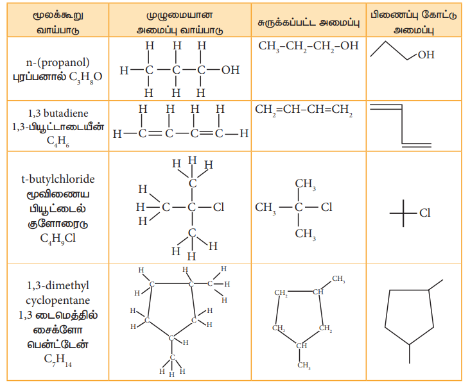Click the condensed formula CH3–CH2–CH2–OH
click(308, 46)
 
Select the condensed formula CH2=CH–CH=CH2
click(304, 110)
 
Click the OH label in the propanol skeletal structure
click(426, 55)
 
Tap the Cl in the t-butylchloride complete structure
click(218, 207)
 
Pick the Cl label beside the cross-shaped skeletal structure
click(424, 213)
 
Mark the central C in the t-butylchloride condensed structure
click(299, 207)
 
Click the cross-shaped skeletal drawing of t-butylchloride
click(403, 212)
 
